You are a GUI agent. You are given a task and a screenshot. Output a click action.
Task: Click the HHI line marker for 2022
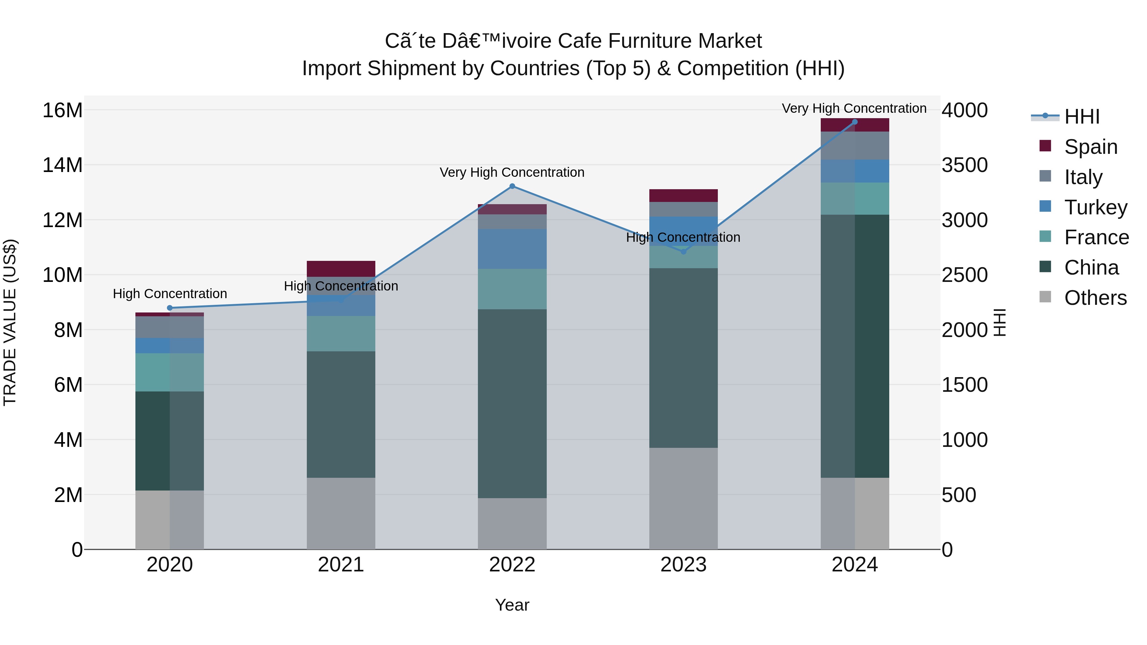click(512, 186)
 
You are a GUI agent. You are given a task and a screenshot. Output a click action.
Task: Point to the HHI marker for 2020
click(170, 308)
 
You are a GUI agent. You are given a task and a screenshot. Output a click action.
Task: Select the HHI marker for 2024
click(855, 122)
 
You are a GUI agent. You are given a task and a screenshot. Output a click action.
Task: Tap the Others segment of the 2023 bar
click(683, 498)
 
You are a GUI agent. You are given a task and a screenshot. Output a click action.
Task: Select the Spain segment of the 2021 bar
click(341, 269)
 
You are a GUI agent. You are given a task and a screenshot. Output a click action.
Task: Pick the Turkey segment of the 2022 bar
click(512, 249)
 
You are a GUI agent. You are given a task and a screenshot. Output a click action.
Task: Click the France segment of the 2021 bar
click(341, 333)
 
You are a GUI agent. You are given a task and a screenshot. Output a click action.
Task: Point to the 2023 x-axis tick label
click(683, 565)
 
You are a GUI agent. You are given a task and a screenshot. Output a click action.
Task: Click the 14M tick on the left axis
click(62, 165)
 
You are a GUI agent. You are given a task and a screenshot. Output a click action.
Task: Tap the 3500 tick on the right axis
click(964, 165)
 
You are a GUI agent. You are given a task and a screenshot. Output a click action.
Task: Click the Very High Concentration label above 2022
click(512, 172)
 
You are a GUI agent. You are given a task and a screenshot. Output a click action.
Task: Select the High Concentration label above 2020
click(170, 294)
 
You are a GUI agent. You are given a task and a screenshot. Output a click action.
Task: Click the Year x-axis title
click(512, 605)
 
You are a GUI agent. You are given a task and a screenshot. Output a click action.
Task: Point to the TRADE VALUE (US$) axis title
click(10, 322)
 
